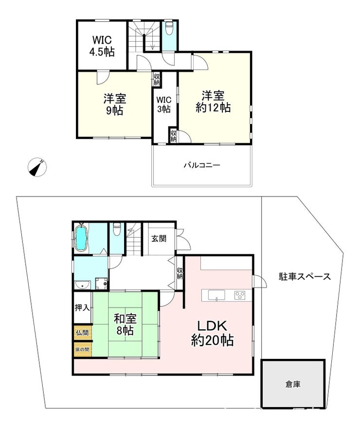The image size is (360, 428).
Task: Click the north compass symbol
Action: tap(37, 167)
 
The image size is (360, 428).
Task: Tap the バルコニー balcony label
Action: tap(202, 165)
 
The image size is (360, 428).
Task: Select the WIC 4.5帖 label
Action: tap(102, 46)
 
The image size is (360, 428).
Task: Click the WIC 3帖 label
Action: tap(164, 104)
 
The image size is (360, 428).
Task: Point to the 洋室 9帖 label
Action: tap(115, 105)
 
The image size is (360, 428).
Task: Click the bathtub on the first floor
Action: tap(81, 238)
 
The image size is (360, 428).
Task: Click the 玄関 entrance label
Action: tap(159, 239)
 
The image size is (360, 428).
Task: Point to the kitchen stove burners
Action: tap(240, 295)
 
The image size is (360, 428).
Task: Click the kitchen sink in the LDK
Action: tap(216, 295)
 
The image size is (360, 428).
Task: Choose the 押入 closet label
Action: tap(82, 308)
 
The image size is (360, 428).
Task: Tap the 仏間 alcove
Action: tap(82, 333)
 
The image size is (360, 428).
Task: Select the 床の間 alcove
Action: tap(82, 349)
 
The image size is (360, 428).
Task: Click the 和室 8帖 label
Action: tap(125, 324)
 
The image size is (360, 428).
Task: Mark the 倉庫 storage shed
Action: tap(293, 384)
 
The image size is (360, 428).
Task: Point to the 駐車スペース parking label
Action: tap(305, 277)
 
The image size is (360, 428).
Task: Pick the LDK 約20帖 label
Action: tap(212, 333)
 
